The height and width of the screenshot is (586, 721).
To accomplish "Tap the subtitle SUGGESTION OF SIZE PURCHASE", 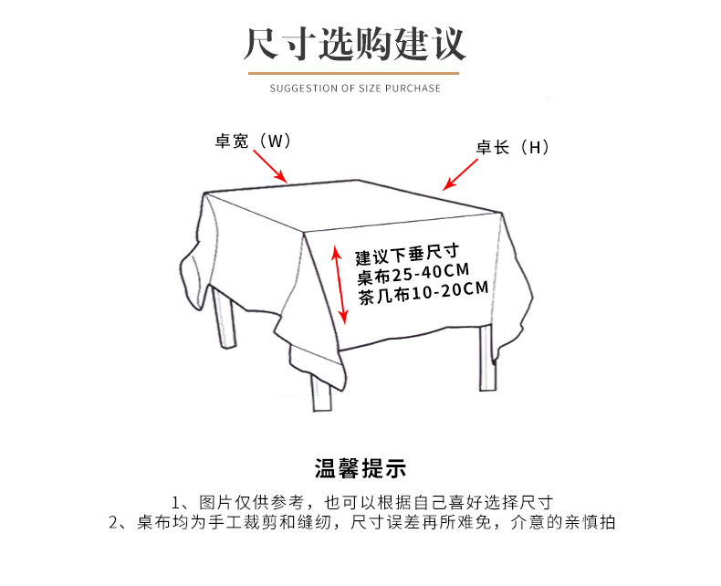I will click(x=355, y=89).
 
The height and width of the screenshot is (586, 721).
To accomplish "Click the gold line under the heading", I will click(x=355, y=71).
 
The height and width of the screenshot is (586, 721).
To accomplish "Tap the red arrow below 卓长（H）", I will click(x=461, y=173).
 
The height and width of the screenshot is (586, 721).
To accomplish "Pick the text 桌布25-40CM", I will click(x=413, y=272).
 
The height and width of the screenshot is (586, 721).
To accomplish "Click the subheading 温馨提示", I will click(x=360, y=469).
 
